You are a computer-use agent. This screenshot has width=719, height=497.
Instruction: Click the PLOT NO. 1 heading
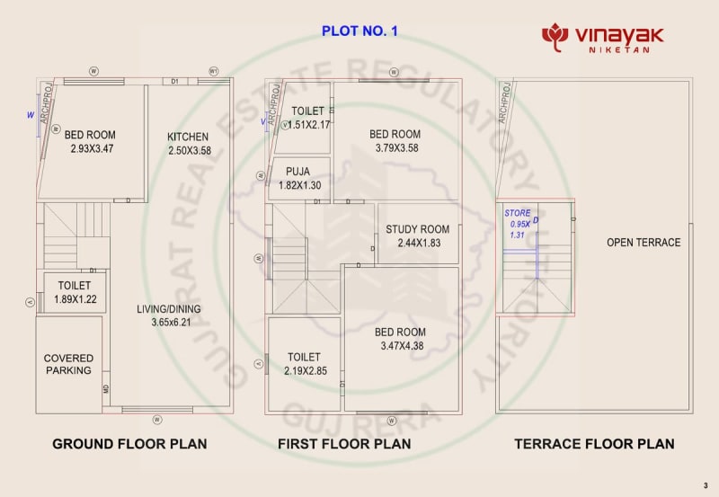[x=359, y=31]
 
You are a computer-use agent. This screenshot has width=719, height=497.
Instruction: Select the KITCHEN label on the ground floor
[x=188, y=138]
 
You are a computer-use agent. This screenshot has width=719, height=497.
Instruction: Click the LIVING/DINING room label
[x=169, y=309]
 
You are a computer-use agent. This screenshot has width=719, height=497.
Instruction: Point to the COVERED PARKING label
[x=68, y=364]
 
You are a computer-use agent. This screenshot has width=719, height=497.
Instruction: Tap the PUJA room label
[x=297, y=172]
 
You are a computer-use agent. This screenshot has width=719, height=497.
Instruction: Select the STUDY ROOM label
[x=417, y=229]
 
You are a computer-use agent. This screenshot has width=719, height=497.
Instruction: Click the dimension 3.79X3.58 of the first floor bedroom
[x=395, y=147]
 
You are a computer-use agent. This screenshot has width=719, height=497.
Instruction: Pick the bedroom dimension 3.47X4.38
[x=401, y=345]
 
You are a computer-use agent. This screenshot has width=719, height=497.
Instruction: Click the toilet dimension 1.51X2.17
[x=308, y=124]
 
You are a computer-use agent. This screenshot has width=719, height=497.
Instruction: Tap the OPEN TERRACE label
[x=644, y=243]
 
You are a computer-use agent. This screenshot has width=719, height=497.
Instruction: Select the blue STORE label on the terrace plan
[x=517, y=213]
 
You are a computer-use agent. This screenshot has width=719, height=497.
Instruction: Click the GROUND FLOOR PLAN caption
[x=129, y=444]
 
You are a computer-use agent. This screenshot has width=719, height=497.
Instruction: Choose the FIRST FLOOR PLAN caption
[x=344, y=444]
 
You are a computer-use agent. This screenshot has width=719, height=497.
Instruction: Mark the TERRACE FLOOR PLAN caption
[x=594, y=444]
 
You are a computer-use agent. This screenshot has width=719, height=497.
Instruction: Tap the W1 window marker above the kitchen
[x=214, y=70]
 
